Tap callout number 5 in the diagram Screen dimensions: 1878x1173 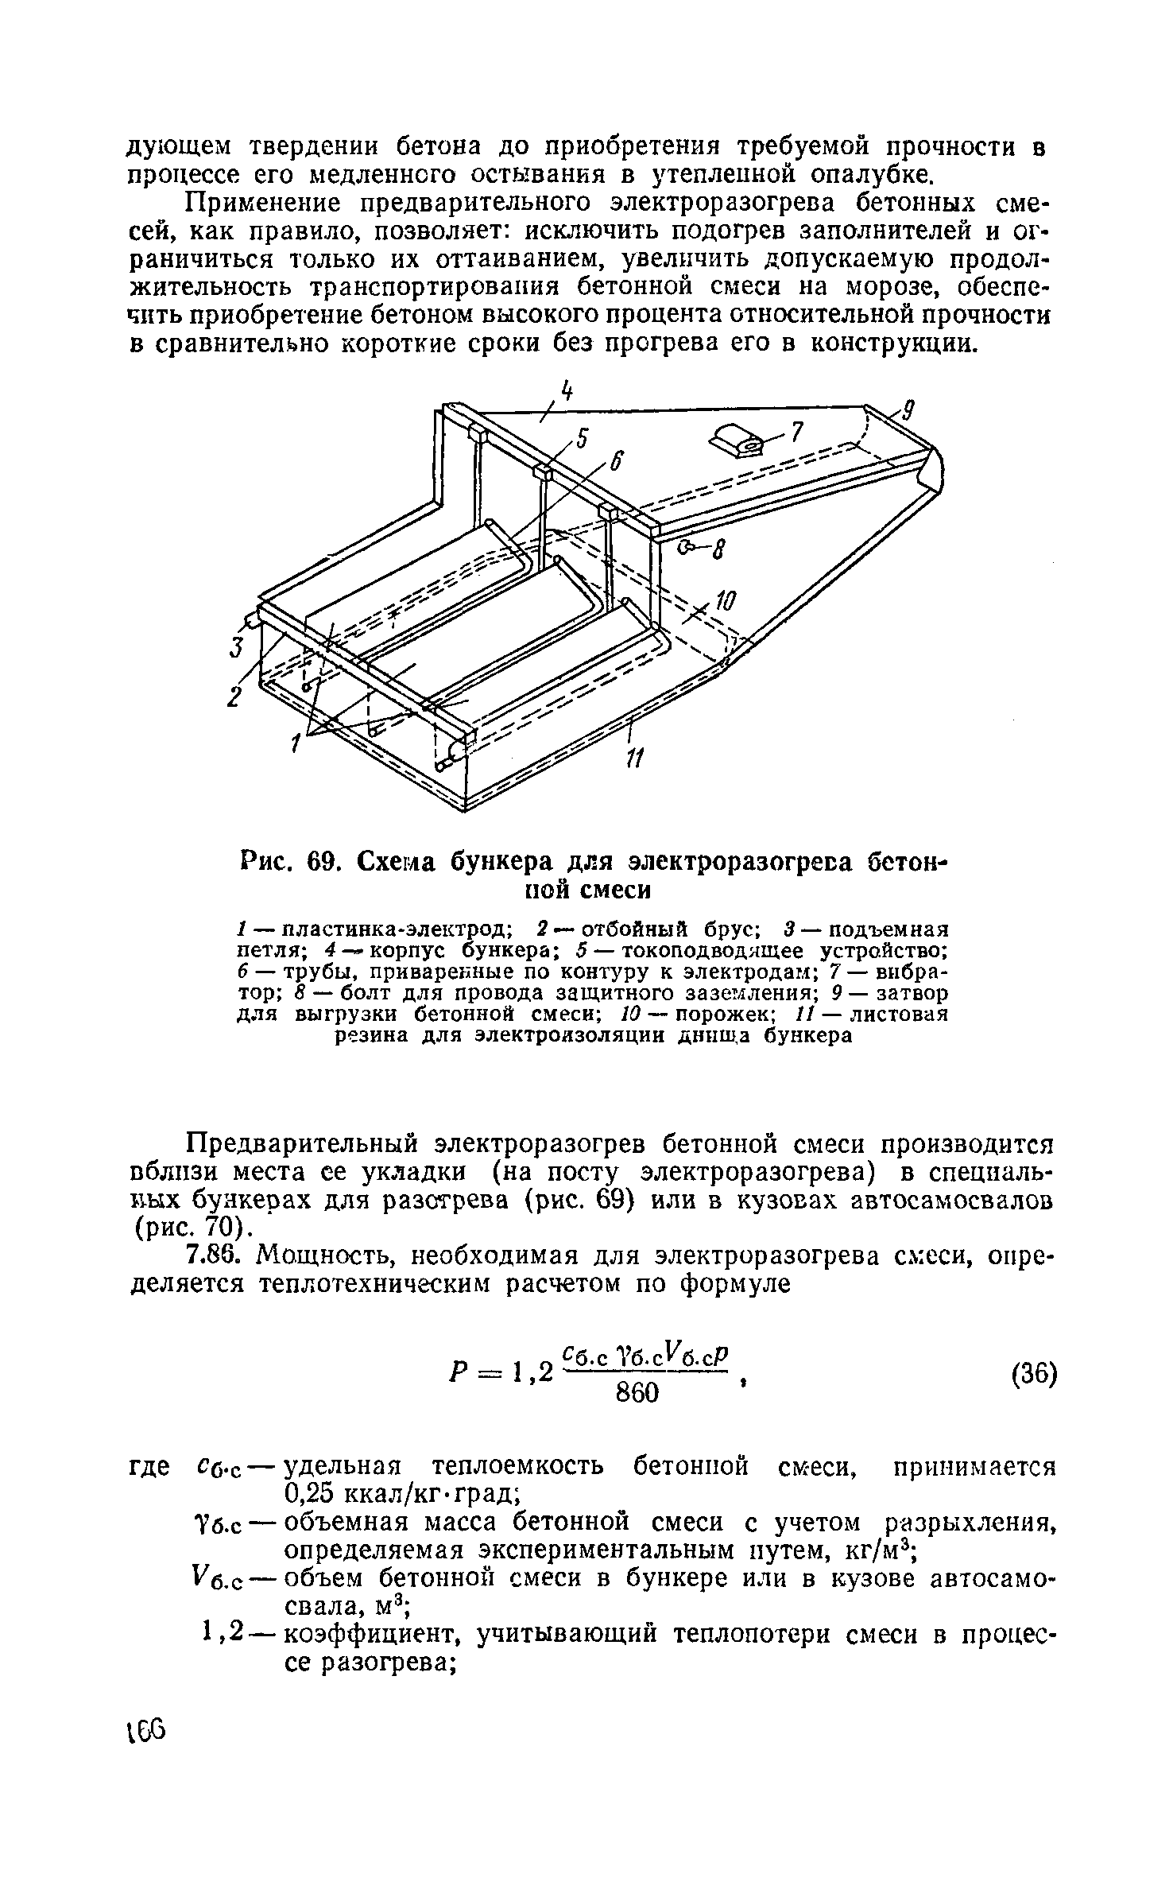[x=583, y=438]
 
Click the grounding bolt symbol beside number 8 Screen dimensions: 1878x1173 [x=688, y=546]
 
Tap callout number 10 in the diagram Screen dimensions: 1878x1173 [x=726, y=605]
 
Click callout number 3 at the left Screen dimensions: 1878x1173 [x=236, y=648]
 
